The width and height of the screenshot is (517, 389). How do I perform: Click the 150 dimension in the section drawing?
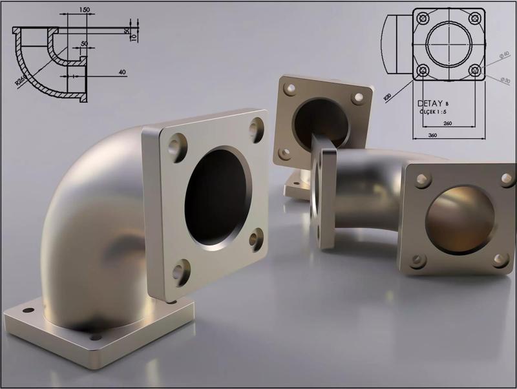[84, 10]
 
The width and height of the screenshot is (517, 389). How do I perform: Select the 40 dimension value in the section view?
[121, 72]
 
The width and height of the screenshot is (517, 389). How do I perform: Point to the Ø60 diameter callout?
[505, 56]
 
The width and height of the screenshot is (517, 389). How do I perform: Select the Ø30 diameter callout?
[505, 79]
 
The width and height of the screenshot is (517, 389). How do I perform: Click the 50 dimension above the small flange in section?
[84, 43]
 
